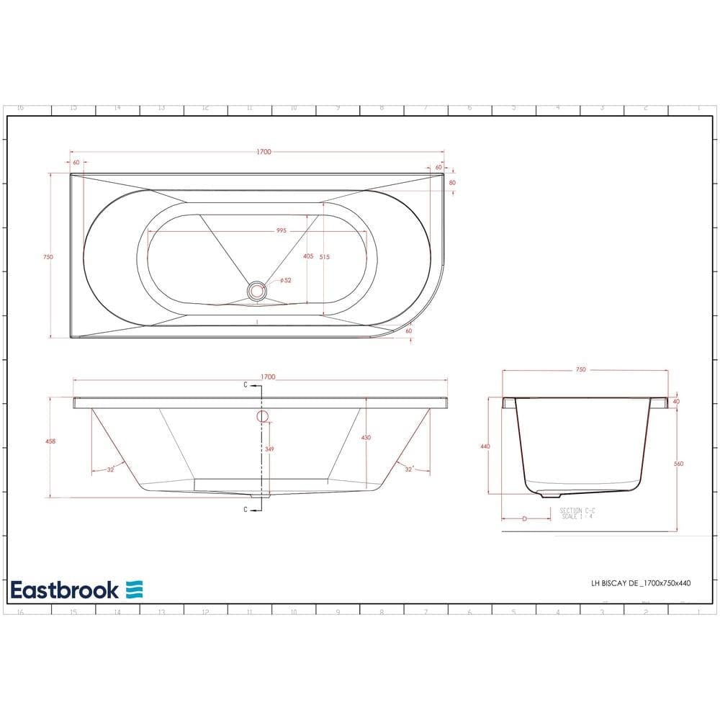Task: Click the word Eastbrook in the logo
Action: click(x=64, y=590)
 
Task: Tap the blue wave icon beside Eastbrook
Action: click(x=135, y=589)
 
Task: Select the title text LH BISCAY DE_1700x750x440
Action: click(x=636, y=583)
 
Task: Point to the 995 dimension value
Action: click(x=281, y=231)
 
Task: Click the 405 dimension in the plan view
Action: click(x=307, y=256)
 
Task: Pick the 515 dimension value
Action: click(x=324, y=256)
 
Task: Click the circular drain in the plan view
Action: click(x=256, y=291)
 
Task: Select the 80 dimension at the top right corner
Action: click(x=452, y=183)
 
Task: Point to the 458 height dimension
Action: click(x=50, y=441)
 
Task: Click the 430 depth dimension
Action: click(x=366, y=438)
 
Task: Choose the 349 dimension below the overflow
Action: click(x=269, y=449)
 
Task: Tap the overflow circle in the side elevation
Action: click(x=261, y=415)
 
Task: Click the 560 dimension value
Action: click(x=678, y=464)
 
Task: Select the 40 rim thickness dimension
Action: click(x=676, y=401)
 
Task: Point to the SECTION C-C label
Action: click(x=576, y=510)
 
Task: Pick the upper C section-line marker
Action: click(x=246, y=385)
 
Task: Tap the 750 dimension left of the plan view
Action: click(x=48, y=257)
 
